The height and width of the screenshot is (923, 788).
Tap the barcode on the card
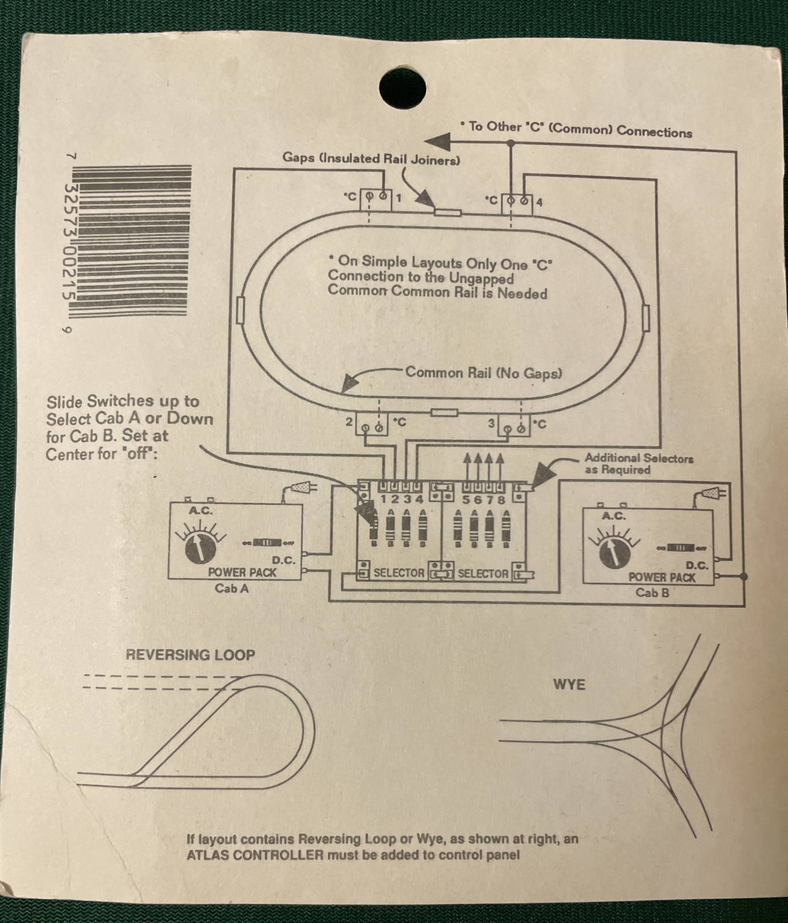click(x=132, y=241)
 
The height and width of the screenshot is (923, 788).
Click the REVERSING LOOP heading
click(x=190, y=655)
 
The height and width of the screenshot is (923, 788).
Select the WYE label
click(x=569, y=685)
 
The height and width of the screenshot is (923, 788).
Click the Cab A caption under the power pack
click(x=231, y=588)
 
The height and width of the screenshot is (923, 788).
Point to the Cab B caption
click(x=652, y=592)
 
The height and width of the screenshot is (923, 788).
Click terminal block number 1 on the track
click(x=376, y=198)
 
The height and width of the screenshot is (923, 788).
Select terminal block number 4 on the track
click(x=517, y=203)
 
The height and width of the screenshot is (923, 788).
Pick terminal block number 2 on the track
click(x=371, y=425)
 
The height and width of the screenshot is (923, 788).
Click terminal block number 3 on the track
click(x=513, y=426)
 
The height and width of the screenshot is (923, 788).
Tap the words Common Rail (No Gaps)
click(x=483, y=373)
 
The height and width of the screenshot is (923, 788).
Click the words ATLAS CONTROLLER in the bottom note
click(x=255, y=854)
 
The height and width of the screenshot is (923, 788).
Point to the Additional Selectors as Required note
click(x=639, y=464)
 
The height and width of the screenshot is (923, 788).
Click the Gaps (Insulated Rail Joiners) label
click(x=371, y=159)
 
